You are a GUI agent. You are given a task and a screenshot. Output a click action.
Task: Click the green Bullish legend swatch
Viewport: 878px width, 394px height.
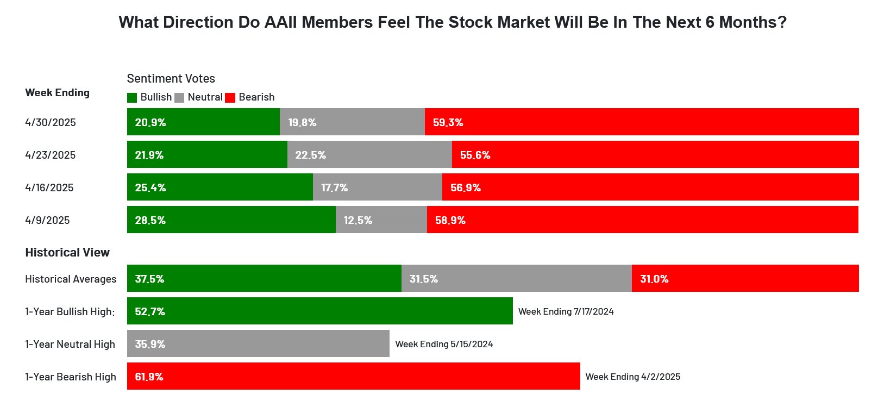[x=132, y=98]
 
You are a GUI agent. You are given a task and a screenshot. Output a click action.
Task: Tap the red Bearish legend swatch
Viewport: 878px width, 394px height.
[x=230, y=98]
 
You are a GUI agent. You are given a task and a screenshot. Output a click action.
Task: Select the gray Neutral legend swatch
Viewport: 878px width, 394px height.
[x=179, y=98]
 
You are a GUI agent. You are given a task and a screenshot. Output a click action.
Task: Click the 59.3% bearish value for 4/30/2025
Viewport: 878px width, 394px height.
[x=448, y=122]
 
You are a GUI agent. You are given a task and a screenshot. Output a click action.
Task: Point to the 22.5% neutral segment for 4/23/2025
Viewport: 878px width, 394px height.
[x=369, y=155]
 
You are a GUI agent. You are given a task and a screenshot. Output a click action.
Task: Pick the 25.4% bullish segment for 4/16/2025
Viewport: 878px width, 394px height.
[x=220, y=187]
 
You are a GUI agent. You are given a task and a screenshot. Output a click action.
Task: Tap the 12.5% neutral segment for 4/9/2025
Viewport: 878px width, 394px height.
[x=381, y=220]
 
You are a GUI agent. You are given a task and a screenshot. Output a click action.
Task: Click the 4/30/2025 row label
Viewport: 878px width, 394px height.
[x=51, y=122]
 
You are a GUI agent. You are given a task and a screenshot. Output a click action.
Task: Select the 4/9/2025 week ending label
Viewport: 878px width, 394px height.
[x=47, y=220]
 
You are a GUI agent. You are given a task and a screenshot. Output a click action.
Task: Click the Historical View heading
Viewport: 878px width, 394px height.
[x=67, y=252]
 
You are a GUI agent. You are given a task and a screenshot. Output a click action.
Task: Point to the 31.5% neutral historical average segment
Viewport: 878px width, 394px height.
[x=516, y=279]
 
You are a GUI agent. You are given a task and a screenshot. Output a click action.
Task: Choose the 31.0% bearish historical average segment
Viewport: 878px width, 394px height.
[x=745, y=279]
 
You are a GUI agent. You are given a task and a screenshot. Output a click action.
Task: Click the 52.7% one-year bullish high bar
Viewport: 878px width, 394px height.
[x=319, y=311]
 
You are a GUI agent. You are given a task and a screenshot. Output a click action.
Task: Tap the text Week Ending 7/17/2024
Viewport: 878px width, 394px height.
[x=566, y=311]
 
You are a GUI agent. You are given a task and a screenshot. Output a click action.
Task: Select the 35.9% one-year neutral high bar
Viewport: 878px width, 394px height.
[x=258, y=344]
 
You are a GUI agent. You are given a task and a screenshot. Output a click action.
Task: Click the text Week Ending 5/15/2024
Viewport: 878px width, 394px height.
[x=444, y=344]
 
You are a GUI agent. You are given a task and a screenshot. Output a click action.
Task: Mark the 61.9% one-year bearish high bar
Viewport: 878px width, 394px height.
[x=353, y=377]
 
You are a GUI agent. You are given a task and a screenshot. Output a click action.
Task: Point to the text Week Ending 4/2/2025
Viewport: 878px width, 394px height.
[x=632, y=377]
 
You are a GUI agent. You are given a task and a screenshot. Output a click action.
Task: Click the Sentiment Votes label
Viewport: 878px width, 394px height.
[x=171, y=78]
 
